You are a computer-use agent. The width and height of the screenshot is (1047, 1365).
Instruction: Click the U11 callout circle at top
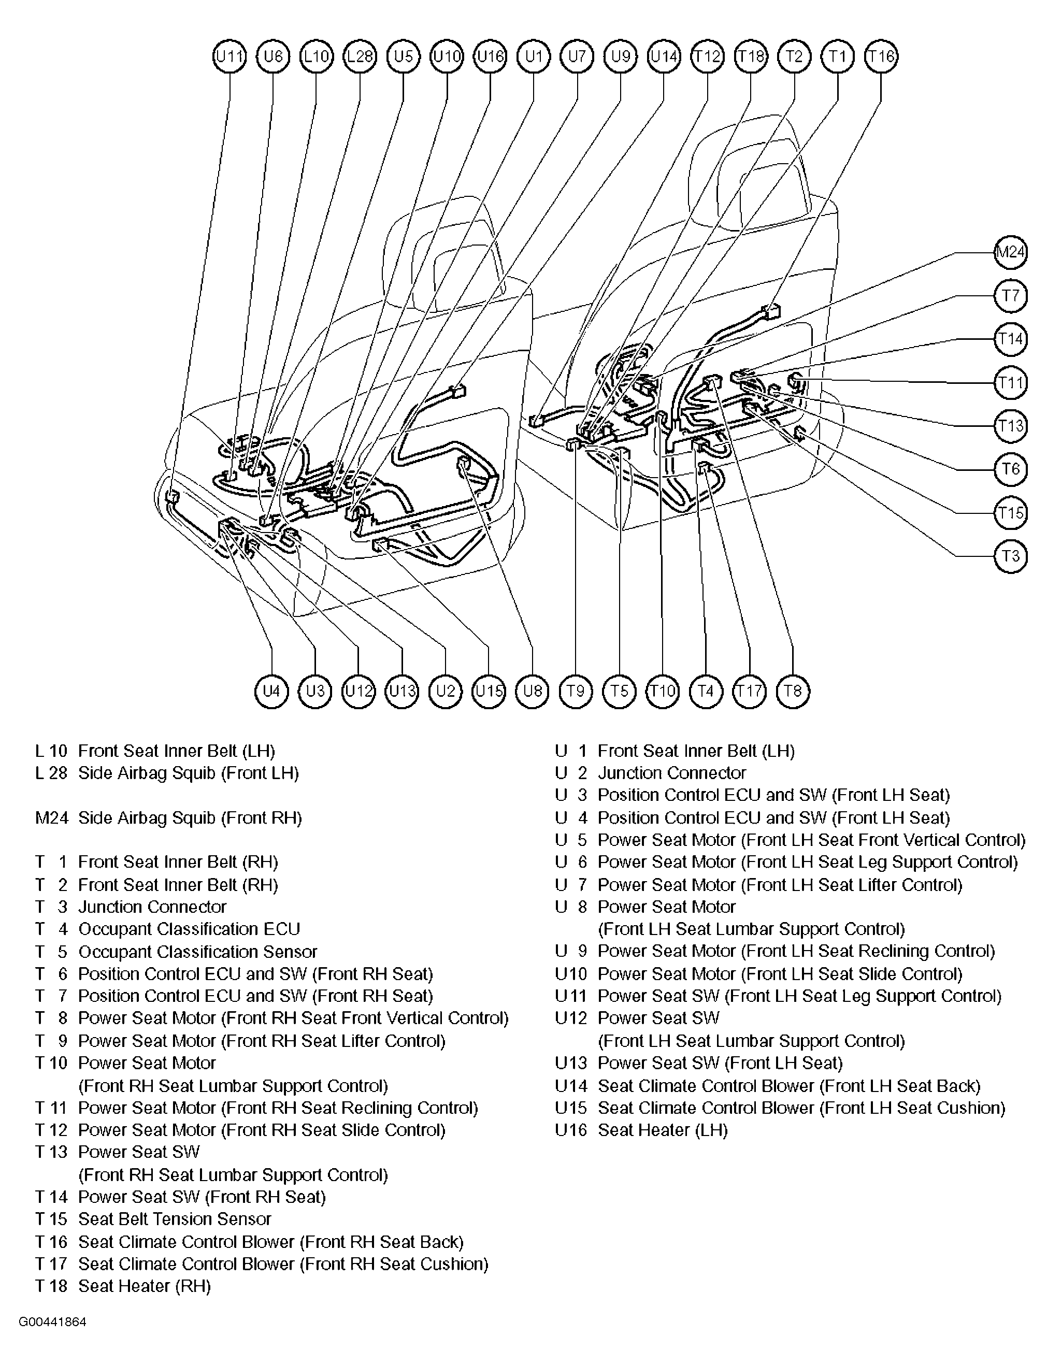(x=230, y=56)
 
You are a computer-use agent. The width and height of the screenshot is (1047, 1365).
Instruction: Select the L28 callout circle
(x=360, y=56)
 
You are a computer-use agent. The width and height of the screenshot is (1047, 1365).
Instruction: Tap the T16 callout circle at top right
(x=881, y=56)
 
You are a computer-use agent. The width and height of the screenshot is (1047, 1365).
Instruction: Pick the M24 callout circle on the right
(x=1010, y=252)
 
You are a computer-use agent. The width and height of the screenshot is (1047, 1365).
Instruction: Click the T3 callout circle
(x=1010, y=556)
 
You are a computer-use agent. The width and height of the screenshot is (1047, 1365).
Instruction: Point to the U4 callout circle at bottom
(x=271, y=691)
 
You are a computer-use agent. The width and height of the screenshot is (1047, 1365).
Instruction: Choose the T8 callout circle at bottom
(x=793, y=691)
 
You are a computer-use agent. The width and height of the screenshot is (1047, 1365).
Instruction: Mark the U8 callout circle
(x=532, y=691)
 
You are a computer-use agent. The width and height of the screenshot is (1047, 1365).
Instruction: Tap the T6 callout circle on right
(x=1010, y=469)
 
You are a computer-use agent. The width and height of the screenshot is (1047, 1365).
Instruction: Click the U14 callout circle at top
(x=664, y=56)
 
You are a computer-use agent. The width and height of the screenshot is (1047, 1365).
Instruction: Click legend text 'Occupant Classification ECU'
(x=189, y=929)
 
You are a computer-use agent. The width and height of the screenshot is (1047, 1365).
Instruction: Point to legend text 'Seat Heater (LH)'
(x=663, y=1130)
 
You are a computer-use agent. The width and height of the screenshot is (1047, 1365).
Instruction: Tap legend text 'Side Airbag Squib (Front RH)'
(x=190, y=818)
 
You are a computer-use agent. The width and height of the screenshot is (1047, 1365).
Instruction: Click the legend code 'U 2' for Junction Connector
(x=571, y=773)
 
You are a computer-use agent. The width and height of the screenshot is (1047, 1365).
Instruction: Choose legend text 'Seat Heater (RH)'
(x=144, y=1286)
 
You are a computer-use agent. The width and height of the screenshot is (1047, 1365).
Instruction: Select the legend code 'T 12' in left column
(x=50, y=1130)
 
